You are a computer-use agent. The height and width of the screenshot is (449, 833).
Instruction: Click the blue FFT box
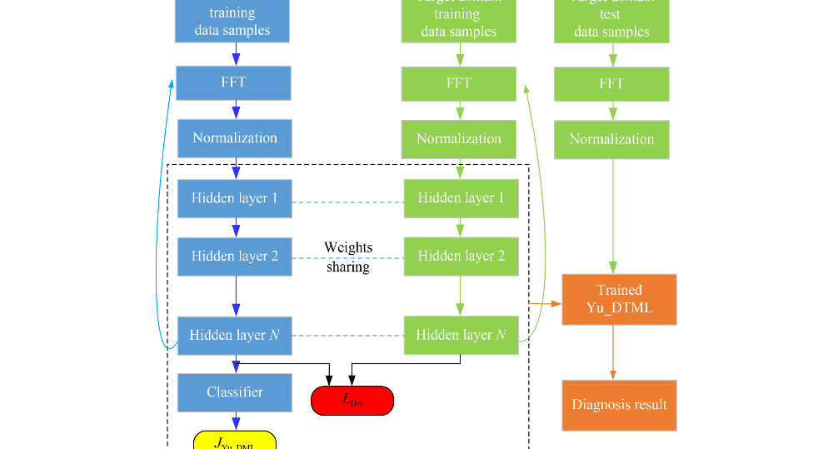pyautogui.click(x=233, y=83)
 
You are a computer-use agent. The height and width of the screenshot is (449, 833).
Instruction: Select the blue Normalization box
pyautogui.click(x=234, y=138)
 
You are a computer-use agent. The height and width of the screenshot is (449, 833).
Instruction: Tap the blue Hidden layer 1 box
pyautogui.click(x=234, y=198)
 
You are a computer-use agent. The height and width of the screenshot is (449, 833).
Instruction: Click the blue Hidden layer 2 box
pyautogui.click(x=234, y=256)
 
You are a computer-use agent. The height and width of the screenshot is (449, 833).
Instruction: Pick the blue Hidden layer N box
pyautogui.click(x=234, y=335)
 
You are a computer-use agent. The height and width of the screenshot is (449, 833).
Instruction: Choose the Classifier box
pyautogui.click(x=234, y=392)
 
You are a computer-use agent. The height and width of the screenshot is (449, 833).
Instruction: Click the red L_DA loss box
pyautogui.click(x=352, y=400)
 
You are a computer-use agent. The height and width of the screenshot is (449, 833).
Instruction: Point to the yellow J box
pyautogui.click(x=234, y=441)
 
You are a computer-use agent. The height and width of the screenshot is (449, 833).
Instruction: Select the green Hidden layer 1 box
pyautogui.click(x=461, y=198)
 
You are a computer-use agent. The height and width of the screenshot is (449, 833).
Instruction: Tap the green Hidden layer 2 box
pyautogui.click(x=461, y=256)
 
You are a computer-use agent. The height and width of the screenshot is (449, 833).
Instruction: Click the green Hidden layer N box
pyautogui.click(x=461, y=335)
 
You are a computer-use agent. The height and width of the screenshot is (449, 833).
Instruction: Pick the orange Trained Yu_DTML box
pyautogui.click(x=619, y=299)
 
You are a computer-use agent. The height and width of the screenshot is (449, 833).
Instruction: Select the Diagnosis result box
pyautogui.click(x=619, y=405)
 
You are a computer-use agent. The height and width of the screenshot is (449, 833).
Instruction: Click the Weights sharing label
pyautogui.click(x=347, y=257)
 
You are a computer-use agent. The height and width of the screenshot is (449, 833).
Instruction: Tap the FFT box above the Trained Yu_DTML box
pyautogui.click(x=612, y=84)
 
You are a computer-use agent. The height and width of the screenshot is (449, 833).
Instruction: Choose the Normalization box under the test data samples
pyautogui.click(x=612, y=139)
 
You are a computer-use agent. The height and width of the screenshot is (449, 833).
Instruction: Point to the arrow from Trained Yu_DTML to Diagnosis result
pyautogui.click(x=614, y=352)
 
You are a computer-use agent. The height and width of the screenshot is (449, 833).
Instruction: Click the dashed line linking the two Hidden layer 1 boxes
pyautogui.click(x=347, y=202)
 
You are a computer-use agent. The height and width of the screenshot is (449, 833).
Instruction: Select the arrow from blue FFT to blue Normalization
pyautogui.click(x=237, y=110)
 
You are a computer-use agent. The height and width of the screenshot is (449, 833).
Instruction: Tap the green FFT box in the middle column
pyautogui.click(x=458, y=83)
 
